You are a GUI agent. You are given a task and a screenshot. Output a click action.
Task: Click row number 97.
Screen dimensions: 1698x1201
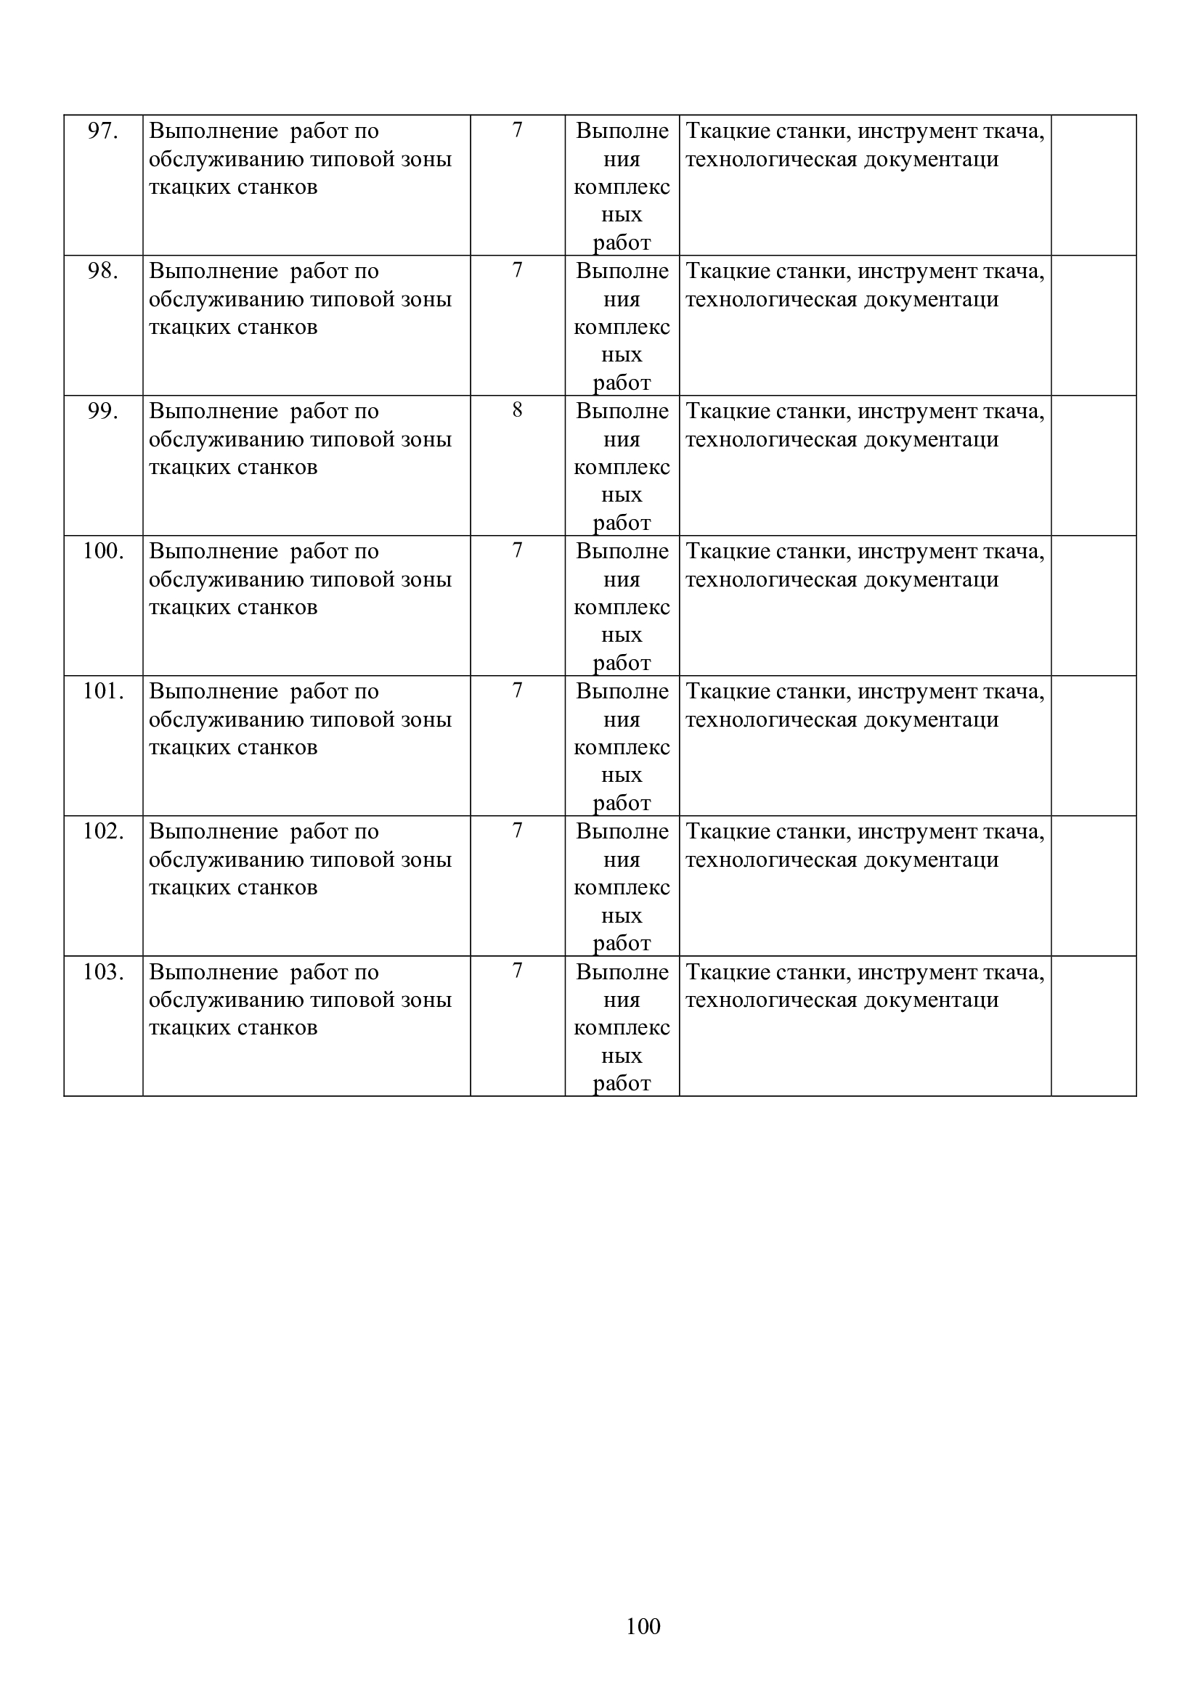103,131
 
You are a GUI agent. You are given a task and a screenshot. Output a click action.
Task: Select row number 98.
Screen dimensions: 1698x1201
103,272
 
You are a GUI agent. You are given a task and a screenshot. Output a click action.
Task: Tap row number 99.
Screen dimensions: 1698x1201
103,411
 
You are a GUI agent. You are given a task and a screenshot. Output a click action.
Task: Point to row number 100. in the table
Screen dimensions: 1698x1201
103,552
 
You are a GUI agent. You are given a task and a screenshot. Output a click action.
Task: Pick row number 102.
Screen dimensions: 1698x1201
103,832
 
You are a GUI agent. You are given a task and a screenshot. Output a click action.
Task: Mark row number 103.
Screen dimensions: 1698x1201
103,972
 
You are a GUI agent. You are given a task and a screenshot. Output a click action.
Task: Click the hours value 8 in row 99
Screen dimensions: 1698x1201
517,410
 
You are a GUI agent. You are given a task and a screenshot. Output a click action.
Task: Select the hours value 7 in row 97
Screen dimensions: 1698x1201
517,130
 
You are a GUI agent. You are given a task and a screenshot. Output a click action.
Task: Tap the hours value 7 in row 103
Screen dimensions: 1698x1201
517,971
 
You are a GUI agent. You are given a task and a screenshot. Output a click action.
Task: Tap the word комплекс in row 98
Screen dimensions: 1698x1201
622,327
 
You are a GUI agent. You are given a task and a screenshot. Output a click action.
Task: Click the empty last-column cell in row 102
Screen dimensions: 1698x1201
1093,885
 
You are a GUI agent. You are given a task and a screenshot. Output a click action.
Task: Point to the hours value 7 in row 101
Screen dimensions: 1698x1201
517,690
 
